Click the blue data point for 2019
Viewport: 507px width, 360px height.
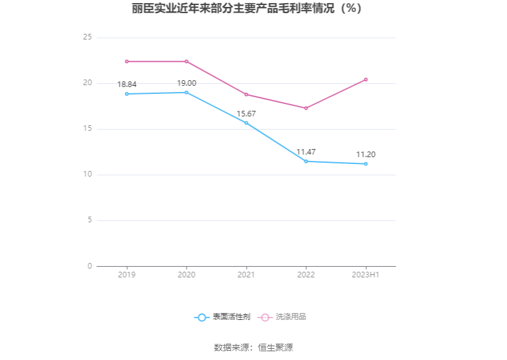[126, 94]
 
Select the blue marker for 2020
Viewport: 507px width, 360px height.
[187, 93]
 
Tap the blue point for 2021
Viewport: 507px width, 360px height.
[246, 123]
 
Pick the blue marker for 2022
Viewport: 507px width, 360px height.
[306, 162]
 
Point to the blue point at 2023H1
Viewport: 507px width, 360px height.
[366, 164]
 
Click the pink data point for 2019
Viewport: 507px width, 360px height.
[126, 61]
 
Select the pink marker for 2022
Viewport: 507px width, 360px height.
[306, 108]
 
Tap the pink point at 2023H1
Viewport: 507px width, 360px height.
[366, 80]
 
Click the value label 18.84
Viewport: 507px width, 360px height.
[126, 85]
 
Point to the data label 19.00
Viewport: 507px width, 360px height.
[187, 83]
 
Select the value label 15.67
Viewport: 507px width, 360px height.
[246, 114]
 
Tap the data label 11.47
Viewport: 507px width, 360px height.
[306, 152]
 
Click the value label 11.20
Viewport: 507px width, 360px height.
[366, 155]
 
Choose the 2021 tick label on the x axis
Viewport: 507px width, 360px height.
[246, 275]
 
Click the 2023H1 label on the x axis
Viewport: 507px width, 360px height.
[366, 275]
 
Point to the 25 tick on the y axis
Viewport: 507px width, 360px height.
[88, 38]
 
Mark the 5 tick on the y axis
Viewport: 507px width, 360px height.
[90, 220]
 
